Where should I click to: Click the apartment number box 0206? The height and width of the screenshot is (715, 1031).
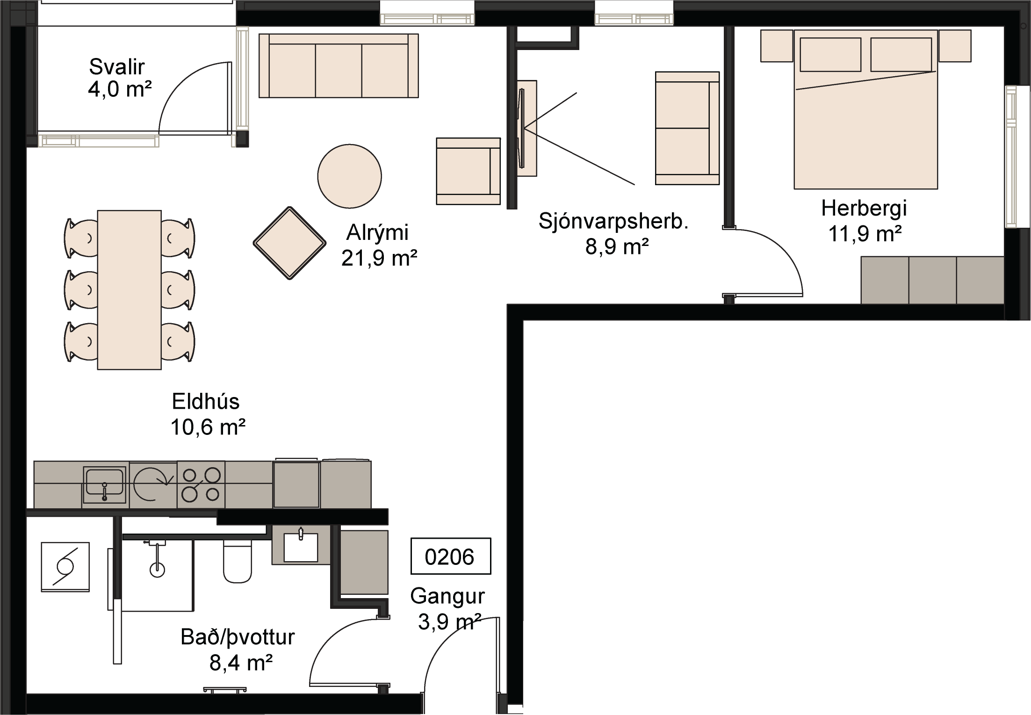pos(450,556)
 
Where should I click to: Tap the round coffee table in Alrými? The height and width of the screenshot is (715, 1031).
pos(349,176)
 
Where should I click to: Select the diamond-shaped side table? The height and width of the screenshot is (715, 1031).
pos(289,243)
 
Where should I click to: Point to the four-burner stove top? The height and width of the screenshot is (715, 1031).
pos(201,484)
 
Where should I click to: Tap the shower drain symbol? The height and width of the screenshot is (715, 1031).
pos(157,569)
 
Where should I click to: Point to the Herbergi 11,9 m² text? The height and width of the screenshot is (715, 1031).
pos(864,221)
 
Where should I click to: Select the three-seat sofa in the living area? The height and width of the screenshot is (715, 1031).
pos(339,66)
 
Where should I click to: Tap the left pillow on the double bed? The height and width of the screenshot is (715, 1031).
pos(830,55)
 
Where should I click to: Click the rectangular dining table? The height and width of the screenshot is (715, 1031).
pos(129,289)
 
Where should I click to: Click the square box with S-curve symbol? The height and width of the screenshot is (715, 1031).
pos(65,567)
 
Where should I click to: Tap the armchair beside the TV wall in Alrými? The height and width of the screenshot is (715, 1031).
pos(468,171)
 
